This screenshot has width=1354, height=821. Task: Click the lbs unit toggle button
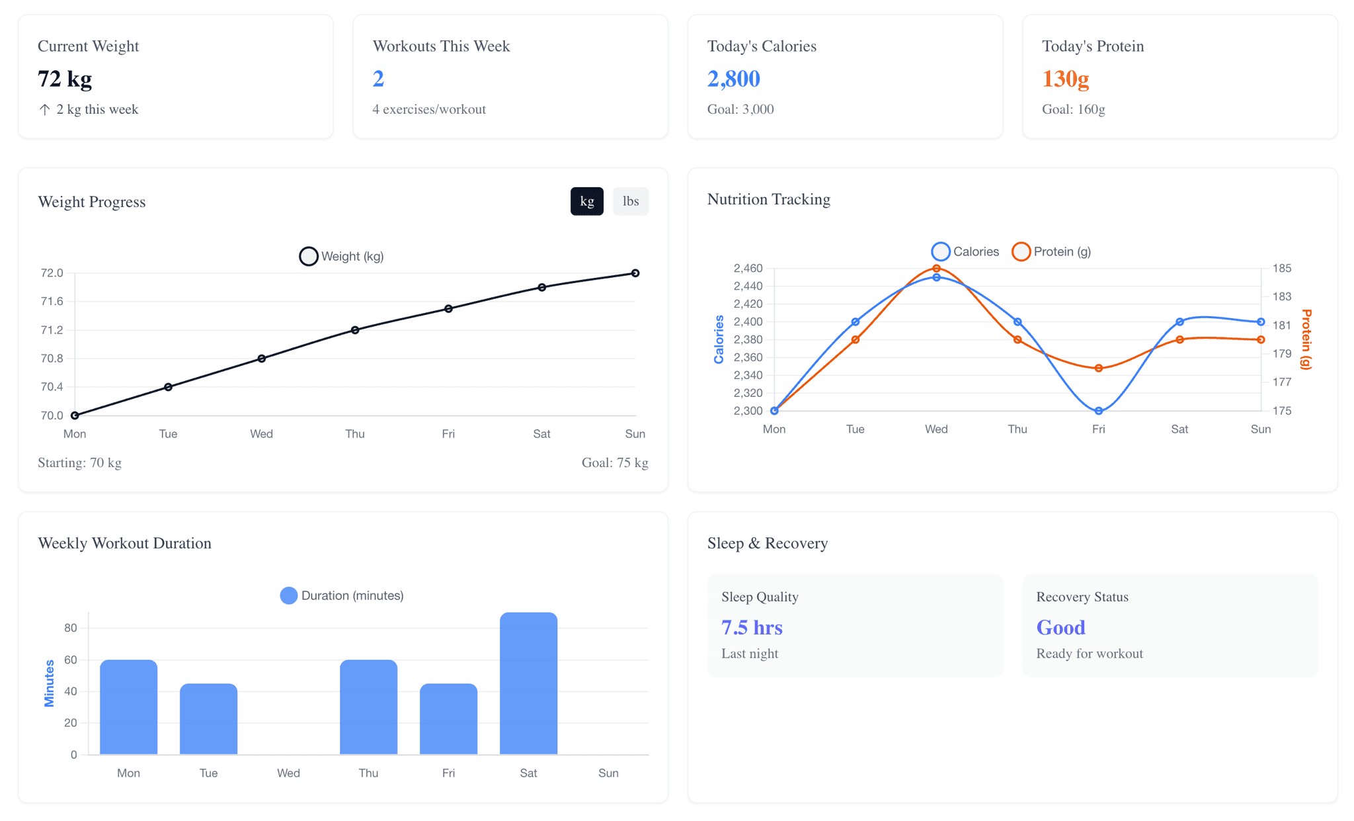point(630,201)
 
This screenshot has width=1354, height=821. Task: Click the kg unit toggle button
point(586,201)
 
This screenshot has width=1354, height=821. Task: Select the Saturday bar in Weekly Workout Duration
point(528,683)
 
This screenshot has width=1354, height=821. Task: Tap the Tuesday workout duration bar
point(208,718)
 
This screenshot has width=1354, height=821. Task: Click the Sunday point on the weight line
point(635,273)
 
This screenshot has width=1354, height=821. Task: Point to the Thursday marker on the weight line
point(355,330)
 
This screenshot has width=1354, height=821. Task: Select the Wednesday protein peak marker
point(936,269)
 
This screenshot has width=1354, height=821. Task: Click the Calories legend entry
point(965,251)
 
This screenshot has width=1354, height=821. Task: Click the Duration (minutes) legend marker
point(289,595)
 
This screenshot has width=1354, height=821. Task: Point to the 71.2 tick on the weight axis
point(52,330)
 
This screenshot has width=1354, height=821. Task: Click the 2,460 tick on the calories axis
point(748,269)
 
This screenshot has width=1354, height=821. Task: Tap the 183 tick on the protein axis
point(1281,296)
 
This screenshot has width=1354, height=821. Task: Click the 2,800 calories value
point(733,79)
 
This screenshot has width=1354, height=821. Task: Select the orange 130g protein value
point(1065,79)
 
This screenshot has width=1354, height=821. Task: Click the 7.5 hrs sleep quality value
point(752,627)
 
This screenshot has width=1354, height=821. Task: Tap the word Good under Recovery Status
point(1060,627)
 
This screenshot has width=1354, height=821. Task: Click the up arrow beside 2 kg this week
point(44,110)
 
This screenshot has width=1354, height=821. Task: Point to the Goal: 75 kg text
point(614,463)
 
